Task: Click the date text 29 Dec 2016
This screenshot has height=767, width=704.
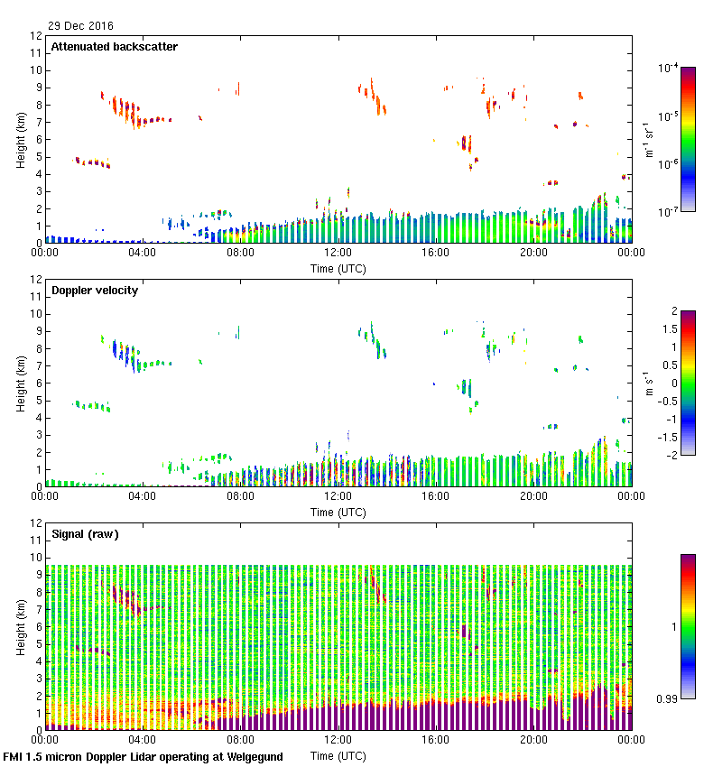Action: (81, 25)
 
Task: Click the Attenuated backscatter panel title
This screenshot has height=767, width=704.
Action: (114, 47)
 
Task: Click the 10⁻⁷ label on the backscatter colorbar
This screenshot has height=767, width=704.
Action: (668, 213)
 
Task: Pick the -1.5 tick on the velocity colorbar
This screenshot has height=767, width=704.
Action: (663, 437)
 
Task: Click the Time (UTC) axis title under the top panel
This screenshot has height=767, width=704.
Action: (338, 269)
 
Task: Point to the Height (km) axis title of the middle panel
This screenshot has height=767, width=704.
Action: (20, 383)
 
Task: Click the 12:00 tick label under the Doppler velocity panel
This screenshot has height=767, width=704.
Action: (338, 495)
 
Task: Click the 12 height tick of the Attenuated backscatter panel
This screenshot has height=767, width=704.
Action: (37, 37)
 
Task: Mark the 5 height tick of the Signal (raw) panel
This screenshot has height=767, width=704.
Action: (40, 644)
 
